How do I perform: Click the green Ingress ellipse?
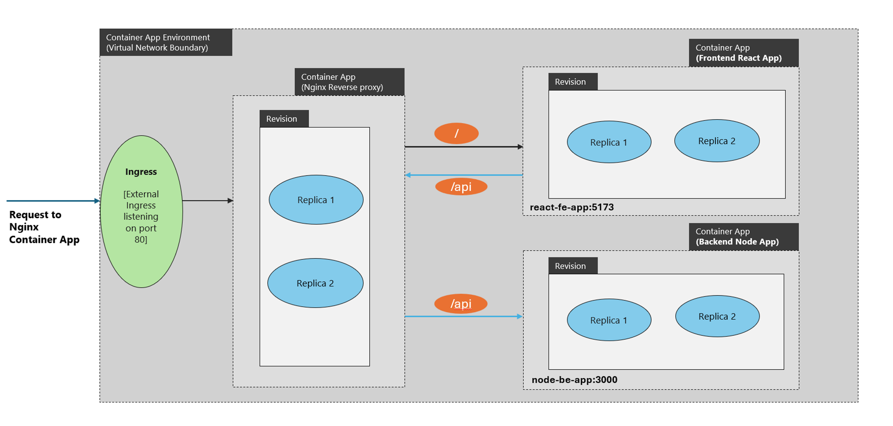click(x=141, y=211)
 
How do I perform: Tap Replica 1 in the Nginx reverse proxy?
click(x=316, y=200)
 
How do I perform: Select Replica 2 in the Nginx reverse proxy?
click(x=315, y=283)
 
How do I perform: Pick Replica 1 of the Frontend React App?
click(x=609, y=142)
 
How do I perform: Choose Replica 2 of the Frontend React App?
click(x=717, y=141)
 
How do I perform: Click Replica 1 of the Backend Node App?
click(x=609, y=320)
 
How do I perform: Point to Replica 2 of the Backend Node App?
click(x=717, y=316)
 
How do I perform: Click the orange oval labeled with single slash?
click(x=456, y=133)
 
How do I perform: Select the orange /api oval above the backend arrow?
click(x=461, y=304)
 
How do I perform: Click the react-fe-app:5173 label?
click(x=572, y=207)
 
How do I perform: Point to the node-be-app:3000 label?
click(x=575, y=380)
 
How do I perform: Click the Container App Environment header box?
click(x=166, y=42)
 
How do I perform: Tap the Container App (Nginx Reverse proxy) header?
click(x=349, y=82)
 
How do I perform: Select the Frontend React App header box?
click(x=744, y=53)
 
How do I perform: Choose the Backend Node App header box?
click(x=744, y=237)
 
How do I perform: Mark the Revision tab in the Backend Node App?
click(x=573, y=266)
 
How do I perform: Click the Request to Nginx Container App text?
click(x=44, y=227)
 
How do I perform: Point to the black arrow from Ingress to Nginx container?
click(x=207, y=200)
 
